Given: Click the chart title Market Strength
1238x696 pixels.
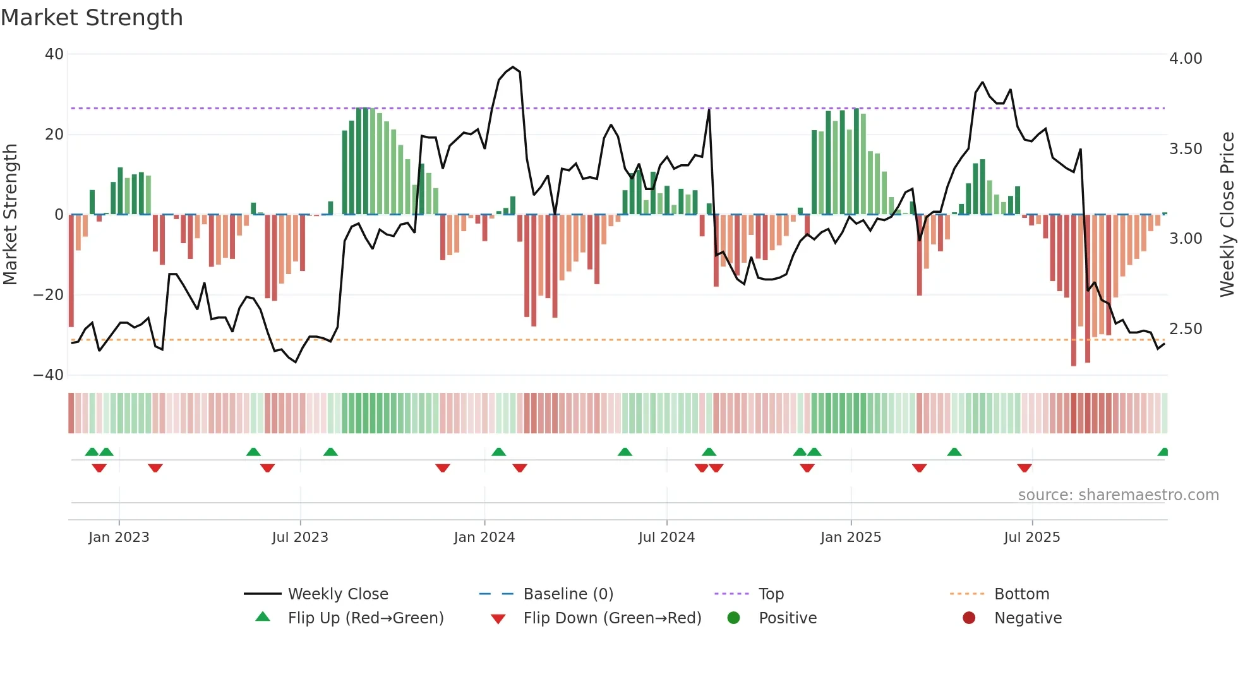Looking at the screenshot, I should click(92, 18).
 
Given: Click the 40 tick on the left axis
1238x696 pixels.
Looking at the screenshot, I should click(54, 54).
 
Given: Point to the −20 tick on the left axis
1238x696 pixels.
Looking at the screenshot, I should click(49, 295).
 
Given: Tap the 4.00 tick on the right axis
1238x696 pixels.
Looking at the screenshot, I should click(1186, 59).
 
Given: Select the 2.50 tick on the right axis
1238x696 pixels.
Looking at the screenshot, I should click(1186, 329).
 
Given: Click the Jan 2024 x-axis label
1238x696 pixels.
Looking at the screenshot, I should click(484, 537).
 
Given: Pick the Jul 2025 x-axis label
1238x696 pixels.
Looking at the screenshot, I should click(1031, 537).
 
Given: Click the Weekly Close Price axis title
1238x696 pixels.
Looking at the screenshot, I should click(1227, 215).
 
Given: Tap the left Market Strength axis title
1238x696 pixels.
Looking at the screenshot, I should click(11, 215).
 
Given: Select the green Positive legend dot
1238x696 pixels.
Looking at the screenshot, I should click(733, 618).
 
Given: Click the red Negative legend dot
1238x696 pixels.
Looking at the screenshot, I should click(969, 618).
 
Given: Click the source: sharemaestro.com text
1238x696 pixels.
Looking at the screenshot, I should click(1118, 495).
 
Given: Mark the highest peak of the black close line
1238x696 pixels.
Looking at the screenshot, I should click(513, 67).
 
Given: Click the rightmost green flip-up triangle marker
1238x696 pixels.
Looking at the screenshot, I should click(1163, 452).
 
